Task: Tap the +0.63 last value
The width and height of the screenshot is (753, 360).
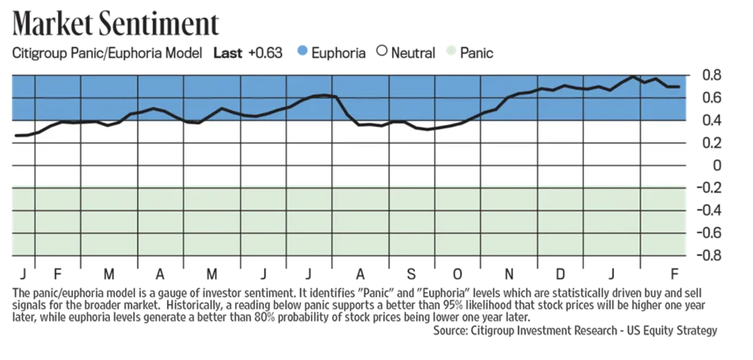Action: (x=265, y=52)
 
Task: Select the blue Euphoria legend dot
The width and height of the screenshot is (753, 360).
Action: (x=302, y=52)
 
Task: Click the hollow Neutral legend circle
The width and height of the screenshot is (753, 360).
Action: (x=382, y=52)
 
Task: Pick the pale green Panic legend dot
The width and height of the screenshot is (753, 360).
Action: (x=451, y=52)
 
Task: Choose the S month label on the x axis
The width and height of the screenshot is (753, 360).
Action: (x=410, y=274)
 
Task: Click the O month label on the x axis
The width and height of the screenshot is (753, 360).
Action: (x=457, y=274)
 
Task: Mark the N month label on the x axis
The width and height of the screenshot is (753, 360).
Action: (x=509, y=274)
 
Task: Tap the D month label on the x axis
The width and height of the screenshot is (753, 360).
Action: (x=560, y=274)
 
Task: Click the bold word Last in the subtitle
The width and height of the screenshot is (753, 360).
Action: (x=227, y=52)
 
